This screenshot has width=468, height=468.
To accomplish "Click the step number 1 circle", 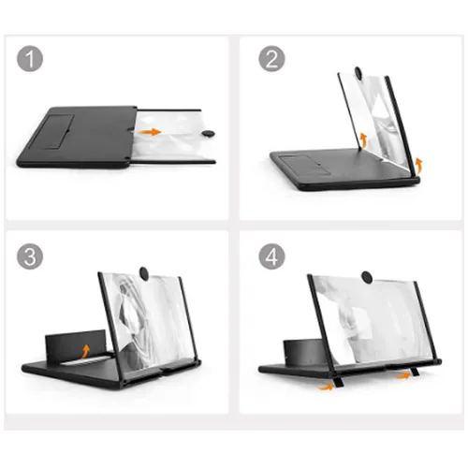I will (x=32, y=61).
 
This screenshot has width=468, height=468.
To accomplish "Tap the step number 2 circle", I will (x=271, y=61).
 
